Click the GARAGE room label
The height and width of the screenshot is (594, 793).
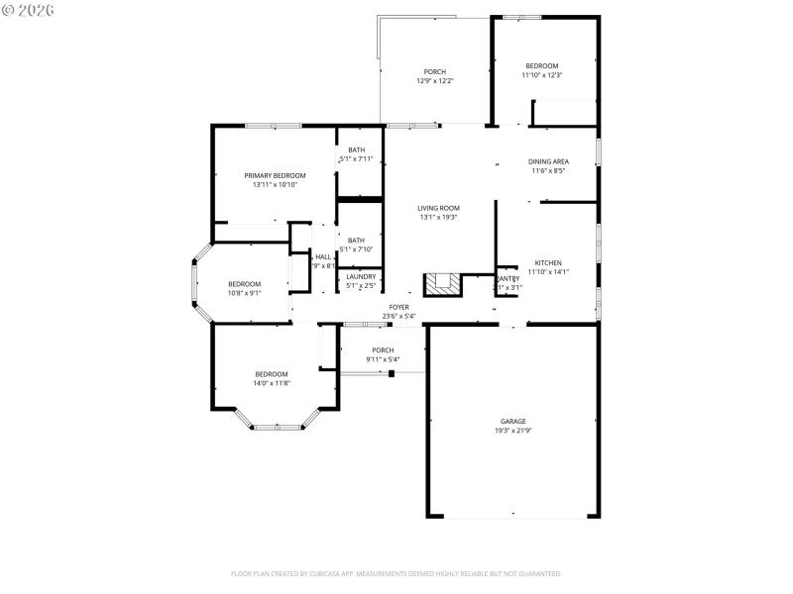pyautogui.click(x=512, y=421)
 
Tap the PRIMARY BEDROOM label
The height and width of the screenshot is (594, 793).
pyautogui.click(x=275, y=175)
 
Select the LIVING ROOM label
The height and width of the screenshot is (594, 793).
pyautogui.click(x=438, y=208)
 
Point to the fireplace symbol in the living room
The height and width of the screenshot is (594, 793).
pyautogui.click(x=442, y=285)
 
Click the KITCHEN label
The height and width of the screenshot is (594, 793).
pyautogui.click(x=548, y=263)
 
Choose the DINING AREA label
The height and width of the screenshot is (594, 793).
pyautogui.click(x=547, y=161)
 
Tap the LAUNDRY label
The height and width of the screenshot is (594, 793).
pyautogui.click(x=361, y=276)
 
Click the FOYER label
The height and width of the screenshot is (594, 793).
pyautogui.click(x=399, y=308)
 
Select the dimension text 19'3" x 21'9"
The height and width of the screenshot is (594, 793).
pyautogui.click(x=512, y=431)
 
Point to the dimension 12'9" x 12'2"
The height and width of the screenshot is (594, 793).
pyautogui.click(x=434, y=81)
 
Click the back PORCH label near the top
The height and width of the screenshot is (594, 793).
pyautogui.click(x=434, y=71)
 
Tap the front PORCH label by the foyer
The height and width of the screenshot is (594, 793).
pyautogui.click(x=383, y=349)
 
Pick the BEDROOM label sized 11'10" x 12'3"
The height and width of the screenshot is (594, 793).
pyautogui.click(x=541, y=65)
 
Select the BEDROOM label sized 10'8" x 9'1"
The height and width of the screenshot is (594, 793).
pyautogui.click(x=244, y=284)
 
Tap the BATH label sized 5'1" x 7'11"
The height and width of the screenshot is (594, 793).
pyautogui.click(x=356, y=149)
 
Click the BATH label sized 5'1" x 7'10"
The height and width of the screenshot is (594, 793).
pyautogui.click(x=356, y=240)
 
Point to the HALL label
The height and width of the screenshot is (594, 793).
pyautogui.click(x=323, y=256)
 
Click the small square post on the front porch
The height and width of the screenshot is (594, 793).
pyautogui.click(x=393, y=373)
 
